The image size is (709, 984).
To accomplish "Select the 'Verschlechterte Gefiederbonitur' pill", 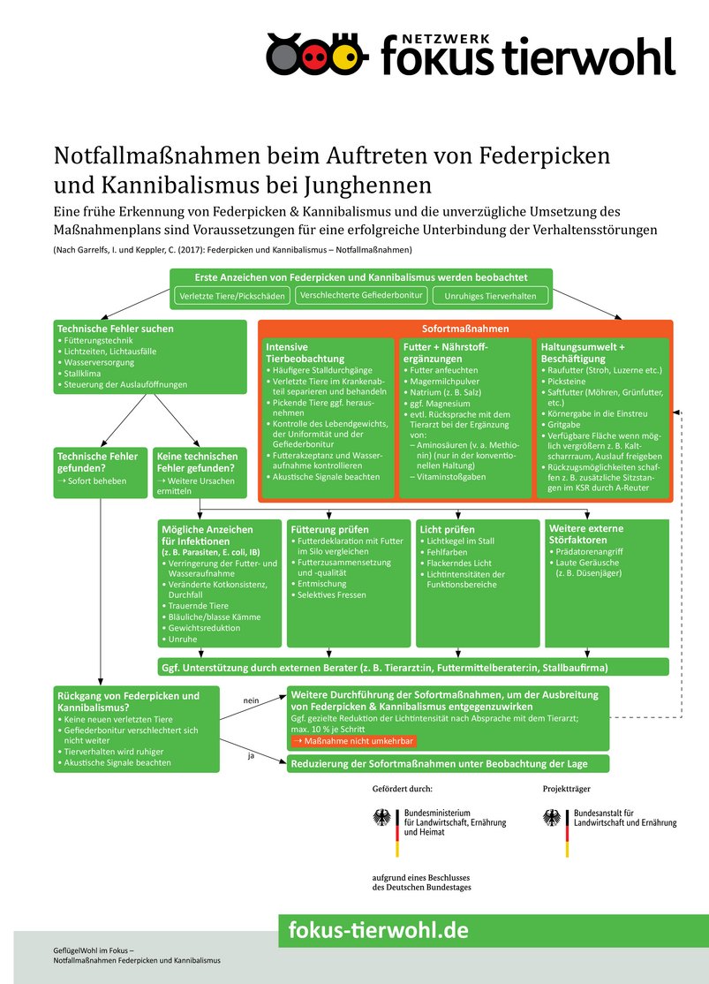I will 361,295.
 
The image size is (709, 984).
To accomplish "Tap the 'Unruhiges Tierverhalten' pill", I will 490,296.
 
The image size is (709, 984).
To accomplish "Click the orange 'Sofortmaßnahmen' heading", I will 465,329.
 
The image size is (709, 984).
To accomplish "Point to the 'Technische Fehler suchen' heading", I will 115,329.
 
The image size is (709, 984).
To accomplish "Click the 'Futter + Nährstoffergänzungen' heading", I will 444,353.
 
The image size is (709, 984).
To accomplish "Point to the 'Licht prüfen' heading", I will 448,529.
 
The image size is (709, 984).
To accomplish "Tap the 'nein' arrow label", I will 251,700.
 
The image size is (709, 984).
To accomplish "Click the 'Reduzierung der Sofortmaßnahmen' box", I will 449,763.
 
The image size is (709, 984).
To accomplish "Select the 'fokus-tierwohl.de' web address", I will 379,930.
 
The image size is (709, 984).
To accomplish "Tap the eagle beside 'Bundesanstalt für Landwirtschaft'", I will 554,819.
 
